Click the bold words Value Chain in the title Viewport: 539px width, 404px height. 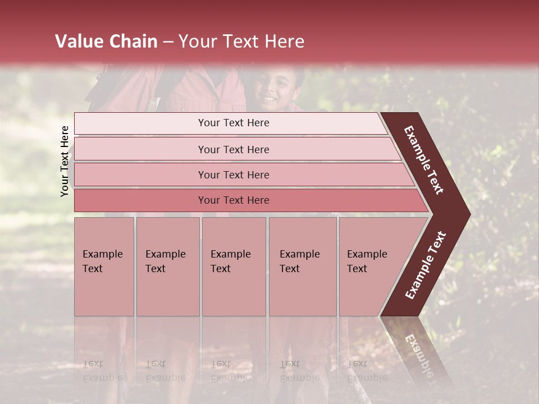(106, 42)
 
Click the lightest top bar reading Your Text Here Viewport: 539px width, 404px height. (234, 123)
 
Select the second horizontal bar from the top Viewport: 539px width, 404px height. (234, 149)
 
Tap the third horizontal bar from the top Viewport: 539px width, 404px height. (234, 175)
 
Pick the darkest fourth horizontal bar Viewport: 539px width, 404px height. (234, 200)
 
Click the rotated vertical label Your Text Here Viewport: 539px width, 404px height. (65, 161)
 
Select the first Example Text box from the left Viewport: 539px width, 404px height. (104, 267)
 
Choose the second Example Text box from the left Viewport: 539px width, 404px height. (167, 267)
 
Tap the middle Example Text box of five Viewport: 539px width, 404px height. (234, 267)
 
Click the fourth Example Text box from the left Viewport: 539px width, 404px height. (303, 267)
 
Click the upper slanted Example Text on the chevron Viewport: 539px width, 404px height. (424, 160)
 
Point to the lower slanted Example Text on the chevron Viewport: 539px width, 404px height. (426, 265)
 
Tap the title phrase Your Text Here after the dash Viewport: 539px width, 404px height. (241, 42)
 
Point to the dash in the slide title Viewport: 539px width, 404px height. (168, 42)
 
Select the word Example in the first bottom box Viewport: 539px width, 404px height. (102, 254)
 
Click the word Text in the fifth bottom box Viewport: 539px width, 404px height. (357, 269)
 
